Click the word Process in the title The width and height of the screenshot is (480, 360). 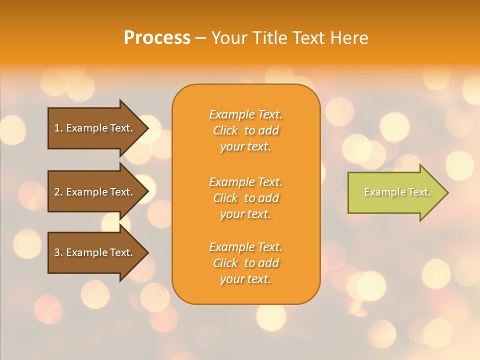[157, 38]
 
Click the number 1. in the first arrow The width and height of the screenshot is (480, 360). [58, 128]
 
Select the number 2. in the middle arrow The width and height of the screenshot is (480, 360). [58, 192]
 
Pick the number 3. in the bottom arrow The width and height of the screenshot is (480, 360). [58, 252]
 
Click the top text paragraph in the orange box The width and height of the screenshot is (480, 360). [245, 130]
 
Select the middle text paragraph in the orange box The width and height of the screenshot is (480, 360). [245, 198]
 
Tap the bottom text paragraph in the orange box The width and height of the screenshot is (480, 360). [245, 263]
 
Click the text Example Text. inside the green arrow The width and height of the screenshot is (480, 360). [397, 192]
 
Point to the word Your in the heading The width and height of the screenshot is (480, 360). [229, 38]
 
